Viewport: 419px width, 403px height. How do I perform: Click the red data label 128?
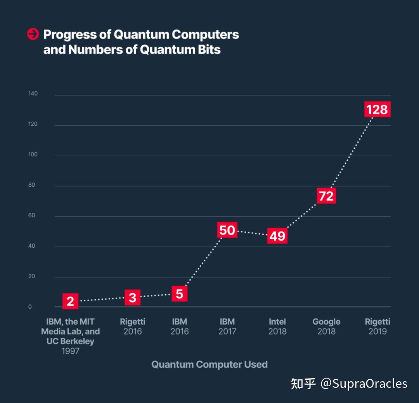point(377,109)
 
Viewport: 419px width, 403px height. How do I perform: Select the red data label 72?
point(326,196)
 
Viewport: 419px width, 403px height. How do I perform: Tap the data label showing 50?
point(227,230)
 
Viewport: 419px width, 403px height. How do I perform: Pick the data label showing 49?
point(277,236)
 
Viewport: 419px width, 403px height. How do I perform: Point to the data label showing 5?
point(179,294)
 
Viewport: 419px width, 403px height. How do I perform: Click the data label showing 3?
point(133,297)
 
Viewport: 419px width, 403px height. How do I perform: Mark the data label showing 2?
point(70,301)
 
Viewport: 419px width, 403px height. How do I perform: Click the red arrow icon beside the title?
point(33,34)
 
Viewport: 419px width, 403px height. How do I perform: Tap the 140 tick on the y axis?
point(33,94)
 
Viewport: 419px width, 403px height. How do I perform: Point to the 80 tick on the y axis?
point(31,185)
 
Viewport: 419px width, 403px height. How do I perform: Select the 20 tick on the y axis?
point(31,276)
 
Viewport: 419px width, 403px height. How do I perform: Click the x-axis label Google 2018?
point(326,327)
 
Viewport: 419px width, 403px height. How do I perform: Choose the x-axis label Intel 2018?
point(277,327)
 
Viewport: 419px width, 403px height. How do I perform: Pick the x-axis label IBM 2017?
point(227,327)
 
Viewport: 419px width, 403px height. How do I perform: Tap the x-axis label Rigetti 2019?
point(377,327)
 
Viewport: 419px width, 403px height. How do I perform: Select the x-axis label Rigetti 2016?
point(133,327)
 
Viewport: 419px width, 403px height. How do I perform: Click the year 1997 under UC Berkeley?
point(70,351)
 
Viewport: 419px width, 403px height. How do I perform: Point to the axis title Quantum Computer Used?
point(209,365)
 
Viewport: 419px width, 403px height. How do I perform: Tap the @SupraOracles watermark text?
point(364,384)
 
